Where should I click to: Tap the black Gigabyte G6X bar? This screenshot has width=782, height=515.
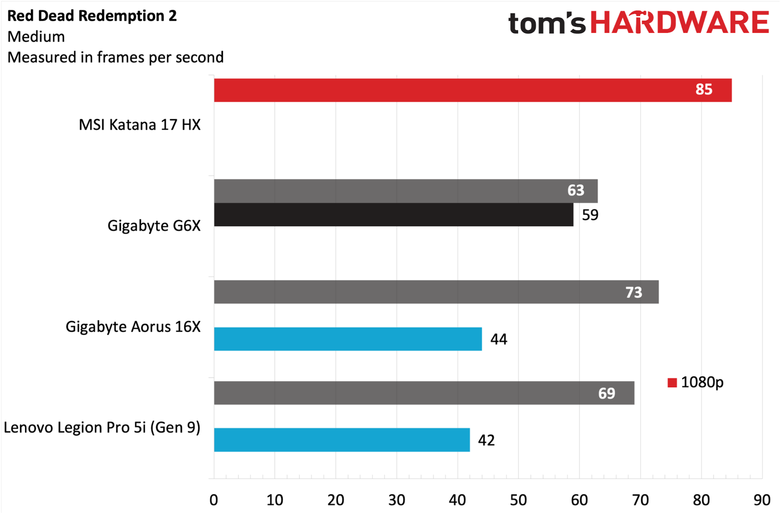click(393, 215)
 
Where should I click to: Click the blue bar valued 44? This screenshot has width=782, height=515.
click(348, 339)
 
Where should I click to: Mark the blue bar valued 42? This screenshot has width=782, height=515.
click(342, 440)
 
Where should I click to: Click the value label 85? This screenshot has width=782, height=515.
click(704, 89)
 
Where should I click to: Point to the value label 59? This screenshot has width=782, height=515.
click(590, 215)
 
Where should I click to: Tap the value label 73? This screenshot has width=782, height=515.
click(633, 292)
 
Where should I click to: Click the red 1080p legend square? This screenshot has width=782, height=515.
click(672, 383)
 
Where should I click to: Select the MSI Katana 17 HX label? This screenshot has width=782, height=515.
click(140, 125)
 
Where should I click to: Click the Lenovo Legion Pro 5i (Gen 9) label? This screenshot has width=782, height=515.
click(102, 428)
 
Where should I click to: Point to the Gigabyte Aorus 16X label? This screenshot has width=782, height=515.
click(133, 326)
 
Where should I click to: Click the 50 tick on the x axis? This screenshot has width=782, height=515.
click(519, 500)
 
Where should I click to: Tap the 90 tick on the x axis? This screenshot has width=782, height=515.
click(762, 500)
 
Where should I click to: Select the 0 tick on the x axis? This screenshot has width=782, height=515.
click(214, 500)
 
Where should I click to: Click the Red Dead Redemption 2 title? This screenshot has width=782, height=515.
click(92, 16)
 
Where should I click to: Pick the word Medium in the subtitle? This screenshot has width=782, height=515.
click(36, 37)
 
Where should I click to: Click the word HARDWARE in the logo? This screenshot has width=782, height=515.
click(680, 23)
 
